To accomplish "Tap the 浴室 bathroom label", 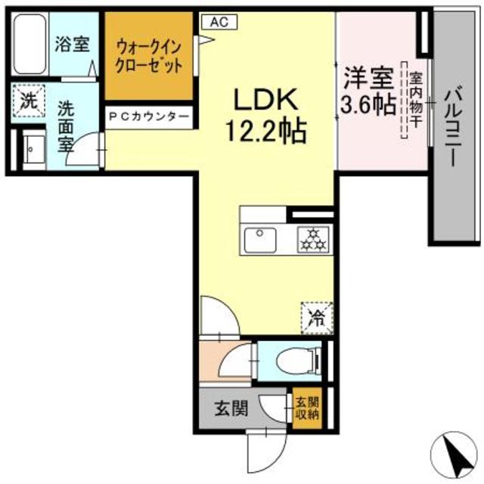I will (73, 45).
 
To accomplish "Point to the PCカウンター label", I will (148, 116).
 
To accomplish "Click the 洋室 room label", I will (366, 78).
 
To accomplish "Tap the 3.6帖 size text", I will (366, 105).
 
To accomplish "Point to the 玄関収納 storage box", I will (307, 409).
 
